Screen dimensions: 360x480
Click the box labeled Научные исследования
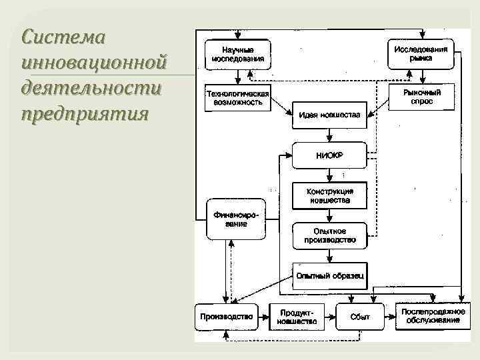[x=238, y=54]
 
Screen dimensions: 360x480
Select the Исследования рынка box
[x=421, y=53]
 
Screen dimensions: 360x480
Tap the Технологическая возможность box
[x=237, y=99]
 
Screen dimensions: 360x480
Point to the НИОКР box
[x=329, y=156]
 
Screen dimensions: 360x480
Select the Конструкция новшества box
[x=329, y=195]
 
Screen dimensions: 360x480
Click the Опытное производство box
[x=329, y=235]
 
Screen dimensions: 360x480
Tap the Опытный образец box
[x=329, y=275]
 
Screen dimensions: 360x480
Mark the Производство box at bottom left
[x=227, y=317]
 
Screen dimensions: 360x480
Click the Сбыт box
[x=360, y=317]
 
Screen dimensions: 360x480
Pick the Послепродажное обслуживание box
[x=430, y=317]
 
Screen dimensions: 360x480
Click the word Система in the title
[x=63, y=37]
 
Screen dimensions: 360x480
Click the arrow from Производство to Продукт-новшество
[x=263, y=317]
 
